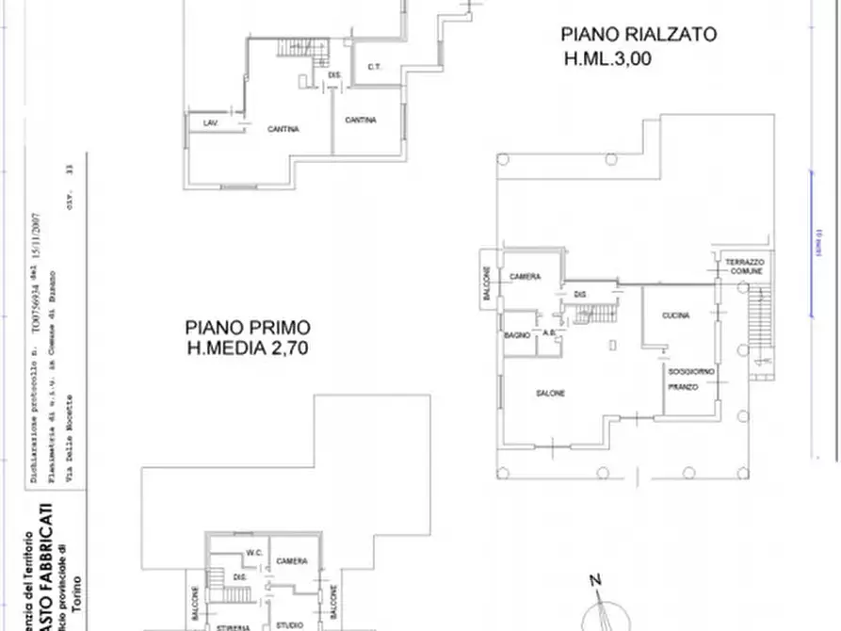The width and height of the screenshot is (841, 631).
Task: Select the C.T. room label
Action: [x=373, y=66]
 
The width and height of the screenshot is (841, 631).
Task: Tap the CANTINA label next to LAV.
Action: [x=283, y=129]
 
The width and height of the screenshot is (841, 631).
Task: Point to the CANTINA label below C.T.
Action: [x=361, y=120]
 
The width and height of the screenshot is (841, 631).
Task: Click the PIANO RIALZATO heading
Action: [x=639, y=35]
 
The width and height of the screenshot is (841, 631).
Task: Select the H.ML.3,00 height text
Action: [x=607, y=58]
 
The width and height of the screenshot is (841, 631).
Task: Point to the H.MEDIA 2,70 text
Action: [x=248, y=348]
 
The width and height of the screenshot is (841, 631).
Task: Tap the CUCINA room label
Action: [x=676, y=315]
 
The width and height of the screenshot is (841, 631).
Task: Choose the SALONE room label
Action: [x=551, y=393]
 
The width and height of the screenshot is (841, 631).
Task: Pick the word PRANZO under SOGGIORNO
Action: [x=682, y=387]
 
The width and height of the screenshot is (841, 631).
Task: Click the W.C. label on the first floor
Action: [x=253, y=552]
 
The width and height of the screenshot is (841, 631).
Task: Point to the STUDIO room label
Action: [x=289, y=625]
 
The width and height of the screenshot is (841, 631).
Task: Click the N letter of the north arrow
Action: [x=594, y=580]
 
